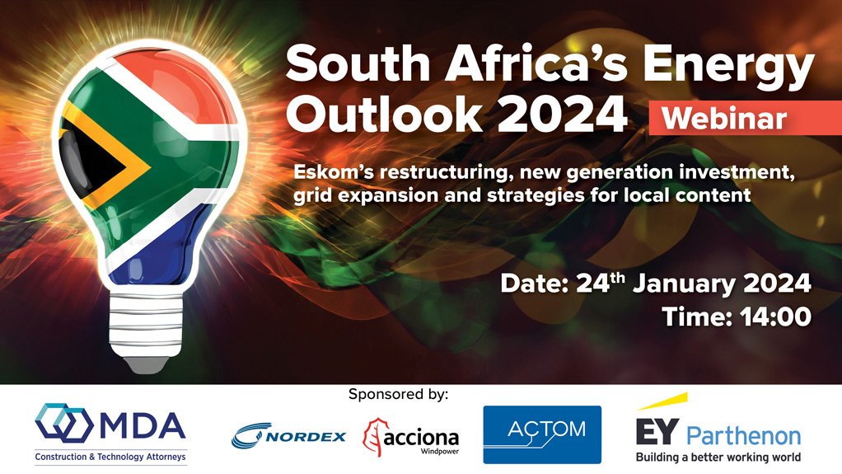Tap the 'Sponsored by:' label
pos(399,394)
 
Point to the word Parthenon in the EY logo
pos(743,435)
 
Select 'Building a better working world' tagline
pos(718,457)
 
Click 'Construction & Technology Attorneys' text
pos(111,456)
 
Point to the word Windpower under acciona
pos(437,451)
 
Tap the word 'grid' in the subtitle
pos(316,196)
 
